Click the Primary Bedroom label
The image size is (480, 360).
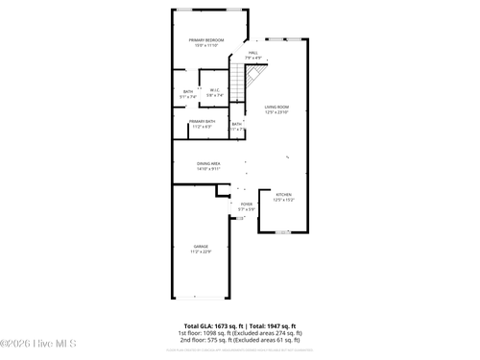point(206,39)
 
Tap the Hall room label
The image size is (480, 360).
point(253,53)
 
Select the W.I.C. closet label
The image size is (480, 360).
point(214,91)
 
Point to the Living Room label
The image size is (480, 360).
point(277,107)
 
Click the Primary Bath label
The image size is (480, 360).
point(202,121)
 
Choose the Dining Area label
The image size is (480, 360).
point(208,163)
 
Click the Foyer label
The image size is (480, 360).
point(247,204)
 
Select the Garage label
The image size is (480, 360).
point(201,247)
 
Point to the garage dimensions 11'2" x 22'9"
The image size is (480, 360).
point(201,252)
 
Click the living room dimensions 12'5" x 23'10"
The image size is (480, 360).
point(277,112)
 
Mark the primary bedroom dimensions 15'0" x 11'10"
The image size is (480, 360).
point(206,45)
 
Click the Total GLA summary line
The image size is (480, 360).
point(240,325)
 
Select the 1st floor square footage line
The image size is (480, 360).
point(240,333)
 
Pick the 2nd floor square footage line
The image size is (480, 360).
point(240,340)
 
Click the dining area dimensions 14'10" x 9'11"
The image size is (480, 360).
point(208,169)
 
